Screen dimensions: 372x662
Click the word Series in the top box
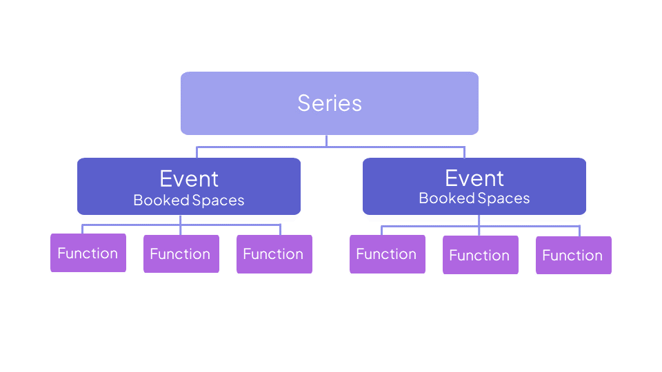pyautogui.click(x=330, y=103)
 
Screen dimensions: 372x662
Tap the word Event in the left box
pyautogui.click(x=189, y=179)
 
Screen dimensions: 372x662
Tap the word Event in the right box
pyautogui.click(x=474, y=178)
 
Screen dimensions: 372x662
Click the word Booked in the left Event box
pyautogui.click(x=161, y=200)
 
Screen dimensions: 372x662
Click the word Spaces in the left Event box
pyautogui.click(x=219, y=200)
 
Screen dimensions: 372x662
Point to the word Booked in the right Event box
pyautogui.click(x=447, y=198)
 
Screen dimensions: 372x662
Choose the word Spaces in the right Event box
pyautogui.click(x=504, y=198)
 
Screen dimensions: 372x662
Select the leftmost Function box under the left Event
pyautogui.click(x=88, y=253)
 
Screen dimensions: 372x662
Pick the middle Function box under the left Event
pyautogui.click(x=180, y=254)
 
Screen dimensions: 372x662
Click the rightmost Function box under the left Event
pyautogui.click(x=274, y=254)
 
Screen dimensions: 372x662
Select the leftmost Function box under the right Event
pyautogui.click(x=387, y=254)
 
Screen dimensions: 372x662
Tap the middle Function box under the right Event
pyautogui.click(x=480, y=255)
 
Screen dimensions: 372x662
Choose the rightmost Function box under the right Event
pyautogui.click(x=573, y=255)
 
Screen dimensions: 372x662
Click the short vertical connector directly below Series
pyautogui.click(x=327, y=141)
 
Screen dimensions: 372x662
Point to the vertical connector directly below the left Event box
pyautogui.click(x=181, y=220)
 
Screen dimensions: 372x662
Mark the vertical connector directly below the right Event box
pyautogui.click(x=479, y=220)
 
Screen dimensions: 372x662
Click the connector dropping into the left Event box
pyautogui.click(x=197, y=152)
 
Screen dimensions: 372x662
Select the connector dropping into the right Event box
pyautogui.click(x=464, y=152)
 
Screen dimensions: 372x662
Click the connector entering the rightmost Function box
pyautogui.click(x=579, y=231)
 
